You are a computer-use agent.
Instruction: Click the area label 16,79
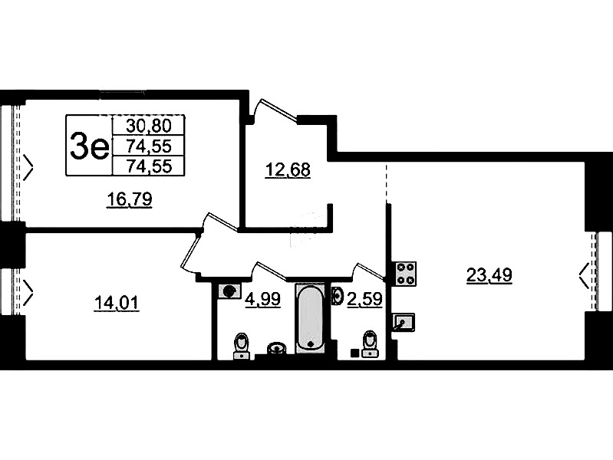tap(130, 199)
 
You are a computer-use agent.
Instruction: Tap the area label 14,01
tap(117, 303)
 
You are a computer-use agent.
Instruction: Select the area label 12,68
tap(288, 169)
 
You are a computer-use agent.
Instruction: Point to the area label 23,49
tap(489, 275)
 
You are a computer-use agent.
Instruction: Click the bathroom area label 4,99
tap(262, 299)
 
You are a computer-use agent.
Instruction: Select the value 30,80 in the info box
tap(149, 126)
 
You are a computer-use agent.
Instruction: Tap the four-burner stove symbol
tap(405, 274)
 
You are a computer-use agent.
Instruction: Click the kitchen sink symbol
tap(403, 322)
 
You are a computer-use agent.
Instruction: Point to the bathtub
tap(311, 318)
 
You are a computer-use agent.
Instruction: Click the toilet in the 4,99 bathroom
tap(241, 346)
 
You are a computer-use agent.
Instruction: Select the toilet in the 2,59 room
tap(370, 344)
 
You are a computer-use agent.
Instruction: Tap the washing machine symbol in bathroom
tap(229, 291)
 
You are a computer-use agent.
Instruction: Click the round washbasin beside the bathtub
tap(277, 347)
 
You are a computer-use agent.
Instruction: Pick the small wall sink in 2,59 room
tap(337, 295)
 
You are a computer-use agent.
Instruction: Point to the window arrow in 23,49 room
tap(584, 275)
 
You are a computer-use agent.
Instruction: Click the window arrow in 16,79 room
tap(28, 168)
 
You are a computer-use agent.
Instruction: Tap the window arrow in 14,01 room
tap(28, 292)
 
